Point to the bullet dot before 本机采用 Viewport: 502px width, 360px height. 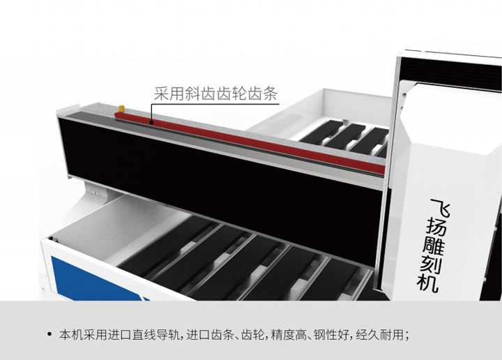pos(50,335)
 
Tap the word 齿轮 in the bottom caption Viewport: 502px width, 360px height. pos(248,335)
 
